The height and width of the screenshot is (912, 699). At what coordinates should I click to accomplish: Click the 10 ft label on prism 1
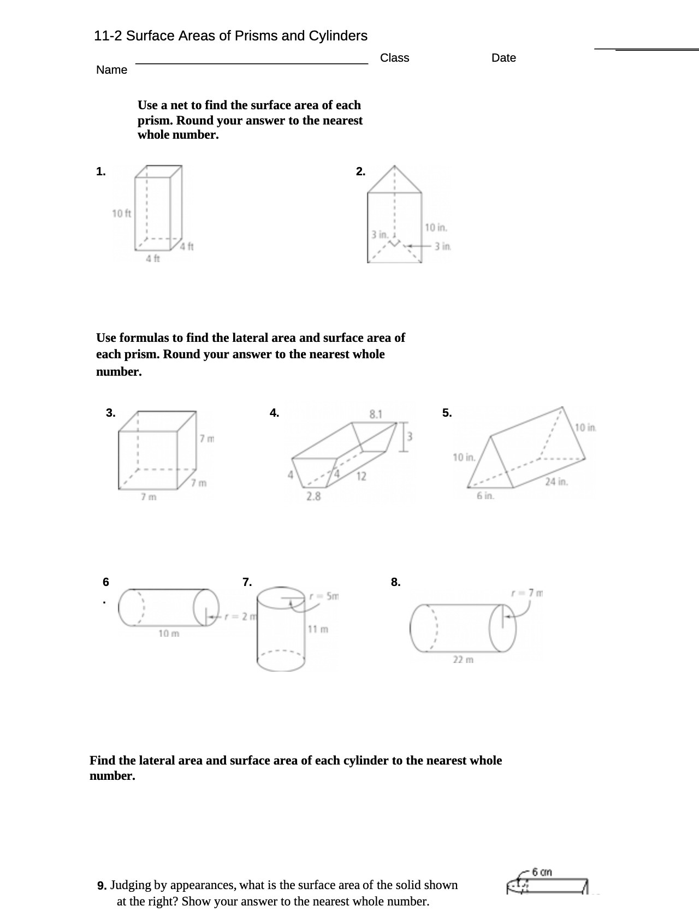pyautogui.click(x=121, y=213)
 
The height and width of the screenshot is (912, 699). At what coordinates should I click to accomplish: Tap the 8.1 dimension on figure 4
pyautogui.click(x=376, y=414)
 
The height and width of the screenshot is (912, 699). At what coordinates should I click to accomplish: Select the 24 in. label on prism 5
pyautogui.click(x=556, y=482)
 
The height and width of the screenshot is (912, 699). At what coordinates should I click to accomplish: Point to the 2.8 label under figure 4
pyautogui.click(x=313, y=496)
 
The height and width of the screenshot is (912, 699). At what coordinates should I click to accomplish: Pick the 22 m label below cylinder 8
pyautogui.click(x=463, y=660)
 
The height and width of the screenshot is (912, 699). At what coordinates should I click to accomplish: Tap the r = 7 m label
pyautogui.click(x=528, y=593)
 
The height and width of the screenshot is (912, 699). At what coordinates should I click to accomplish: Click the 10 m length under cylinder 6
pyautogui.click(x=169, y=633)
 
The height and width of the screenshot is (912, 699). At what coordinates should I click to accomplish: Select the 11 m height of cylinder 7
pyautogui.click(x=318, y=629)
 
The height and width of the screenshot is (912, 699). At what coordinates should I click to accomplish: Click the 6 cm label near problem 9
pyautogui.click(x=542, y=872)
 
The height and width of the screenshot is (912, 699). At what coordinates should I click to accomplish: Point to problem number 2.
pyautogui.click(x=360, y=171)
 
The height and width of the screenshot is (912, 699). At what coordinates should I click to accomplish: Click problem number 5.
pyautogui.click(x=447, y=413)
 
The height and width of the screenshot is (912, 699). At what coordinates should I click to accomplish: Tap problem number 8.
pyautogui.click(x=395, y=582)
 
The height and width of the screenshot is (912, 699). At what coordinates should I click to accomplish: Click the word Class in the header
pyautogui.click(x=394, y=58)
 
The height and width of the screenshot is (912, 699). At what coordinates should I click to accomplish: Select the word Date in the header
pyautogui.click(x=503, y=58)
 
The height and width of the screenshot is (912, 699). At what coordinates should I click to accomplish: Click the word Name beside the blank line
pyautogui.click(x=111, y=70)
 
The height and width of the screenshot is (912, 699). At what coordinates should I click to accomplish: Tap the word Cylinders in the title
pyautogui.click(x=338, y=36)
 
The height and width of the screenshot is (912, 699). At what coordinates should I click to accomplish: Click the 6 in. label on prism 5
pyautogui.click(x=485, y=496)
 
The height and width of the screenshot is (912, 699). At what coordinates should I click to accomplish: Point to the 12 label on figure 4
pyautogui.click(x=361, y=476)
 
